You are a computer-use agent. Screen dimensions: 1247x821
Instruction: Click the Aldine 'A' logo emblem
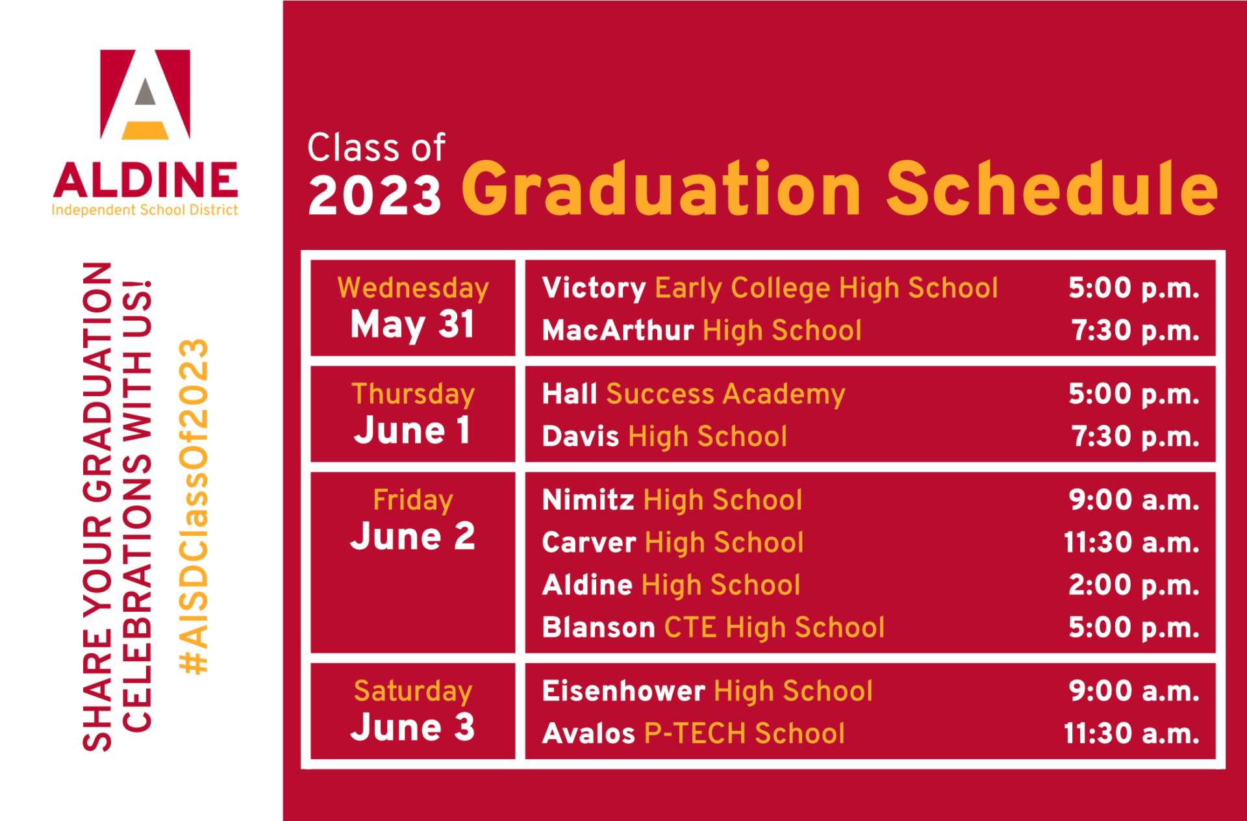pyautogui.click(x=145, y=94)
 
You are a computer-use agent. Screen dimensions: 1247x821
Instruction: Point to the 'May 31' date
pyautogui.click(x=412, y=324)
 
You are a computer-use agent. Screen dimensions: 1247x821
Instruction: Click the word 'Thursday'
pyautogui.click(x=413, y=394)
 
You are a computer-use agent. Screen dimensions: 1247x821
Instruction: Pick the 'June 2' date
pyautogui.click(x=412, y=536)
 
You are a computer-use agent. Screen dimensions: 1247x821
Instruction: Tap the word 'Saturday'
pyautogui.click(x=413, y=691)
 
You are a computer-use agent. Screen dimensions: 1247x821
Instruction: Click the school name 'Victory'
pyautogui.click(x=594, y=288)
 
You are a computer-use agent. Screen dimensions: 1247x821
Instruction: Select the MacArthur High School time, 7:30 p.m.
pyautogui.click(x=1135, y=331)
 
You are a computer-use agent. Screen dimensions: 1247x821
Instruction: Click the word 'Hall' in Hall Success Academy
pyautogui.click(x=570, y=394)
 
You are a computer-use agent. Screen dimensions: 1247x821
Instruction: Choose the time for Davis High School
pyautogui.click(x=1135, y=436)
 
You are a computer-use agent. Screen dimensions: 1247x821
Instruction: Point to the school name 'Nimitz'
pyautogui.click(x=588, y=500)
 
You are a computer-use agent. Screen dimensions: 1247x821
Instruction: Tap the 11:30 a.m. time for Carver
pyautogui.click(x=1131, y=542)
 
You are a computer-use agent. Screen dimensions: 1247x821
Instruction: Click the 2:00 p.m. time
pyautogui.click(x=1134, y=585)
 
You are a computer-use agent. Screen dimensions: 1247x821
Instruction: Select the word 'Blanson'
pyautogui.click(x=599, y=627)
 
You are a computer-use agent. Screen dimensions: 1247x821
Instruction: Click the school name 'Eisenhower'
pyautogui.click(x=623, y=690)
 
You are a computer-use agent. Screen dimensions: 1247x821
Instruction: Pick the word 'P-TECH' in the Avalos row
pyautogui.click(x=695, y=733)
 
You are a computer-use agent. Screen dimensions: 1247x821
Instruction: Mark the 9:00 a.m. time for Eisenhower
pyautogui.click(x=1134, y=690)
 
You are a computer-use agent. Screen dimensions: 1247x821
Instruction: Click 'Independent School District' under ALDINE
pyautogui.click(x=145, y=210)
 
